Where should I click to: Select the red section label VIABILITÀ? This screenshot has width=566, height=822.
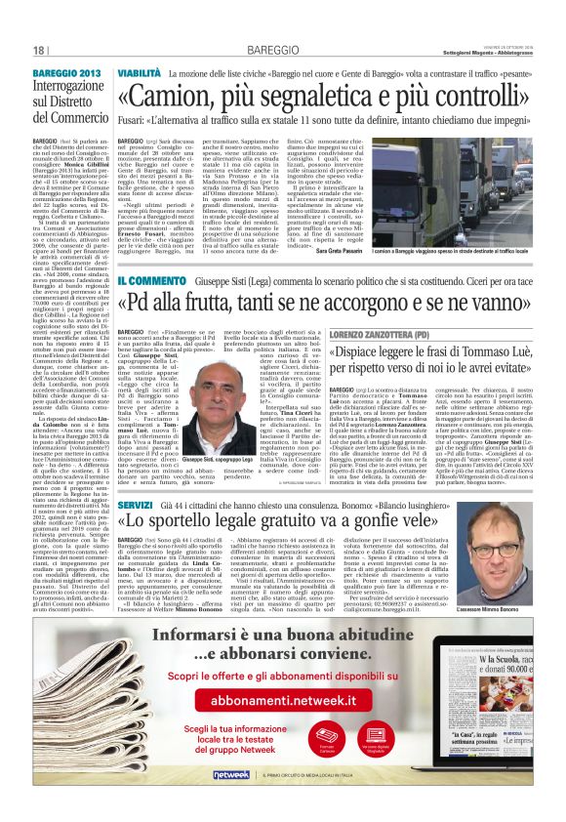click(x=139, y=73)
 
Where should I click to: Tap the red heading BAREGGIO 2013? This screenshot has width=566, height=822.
click(x=68, y=73)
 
